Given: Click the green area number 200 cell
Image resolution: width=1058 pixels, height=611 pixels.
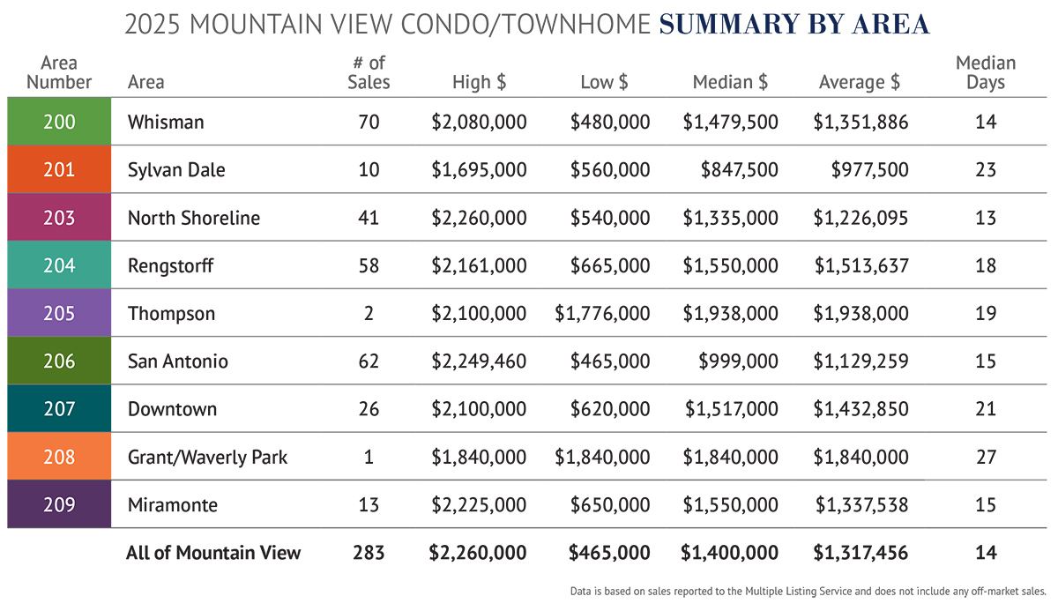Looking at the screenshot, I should click(x=59, y=122).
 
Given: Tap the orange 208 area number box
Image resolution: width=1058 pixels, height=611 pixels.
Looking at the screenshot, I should click(x=59, y=457).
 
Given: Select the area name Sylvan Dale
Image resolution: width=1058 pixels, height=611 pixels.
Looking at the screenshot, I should click(x=176, y=169).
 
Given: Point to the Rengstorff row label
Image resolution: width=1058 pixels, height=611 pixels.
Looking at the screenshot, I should click(x=170, y=265).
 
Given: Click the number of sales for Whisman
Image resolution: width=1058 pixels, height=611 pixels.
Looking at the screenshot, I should click(x=369, y=122).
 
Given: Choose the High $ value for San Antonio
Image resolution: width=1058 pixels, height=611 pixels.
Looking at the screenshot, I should click(x=479, y=361).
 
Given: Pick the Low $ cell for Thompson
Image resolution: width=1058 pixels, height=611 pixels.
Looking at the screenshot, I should click(x=603, y=313).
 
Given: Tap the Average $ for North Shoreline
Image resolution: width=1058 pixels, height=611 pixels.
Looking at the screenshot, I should click(x=861, y=218).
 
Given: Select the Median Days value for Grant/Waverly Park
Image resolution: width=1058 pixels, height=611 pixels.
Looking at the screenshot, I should click(x=986, y=457).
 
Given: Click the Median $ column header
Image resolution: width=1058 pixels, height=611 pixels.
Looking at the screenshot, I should click(x=730, y=83).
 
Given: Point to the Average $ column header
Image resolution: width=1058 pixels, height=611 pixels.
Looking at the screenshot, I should click(x=860, y=83).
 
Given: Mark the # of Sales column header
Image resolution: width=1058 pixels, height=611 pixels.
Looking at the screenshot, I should click(x=369, y=72).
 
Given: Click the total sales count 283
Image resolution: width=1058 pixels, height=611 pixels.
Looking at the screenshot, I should click(x=369, y=553).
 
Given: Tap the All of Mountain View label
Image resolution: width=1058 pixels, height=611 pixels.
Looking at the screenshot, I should click(x=213, y=553).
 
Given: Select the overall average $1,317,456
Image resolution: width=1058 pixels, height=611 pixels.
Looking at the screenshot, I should click(x=861, y=553).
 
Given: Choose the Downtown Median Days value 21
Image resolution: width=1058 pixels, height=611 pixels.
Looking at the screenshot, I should click(x=986, y=409).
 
